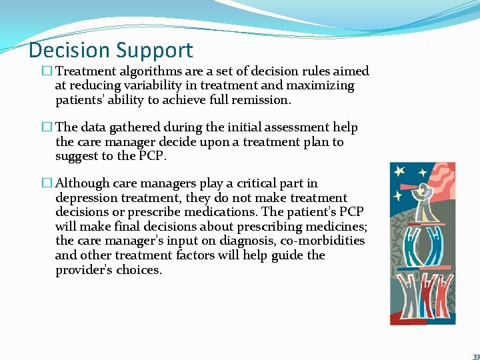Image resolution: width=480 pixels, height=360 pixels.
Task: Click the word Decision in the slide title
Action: [x=69, y=51]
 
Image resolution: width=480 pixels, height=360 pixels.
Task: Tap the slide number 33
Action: [x=475, y=356]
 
